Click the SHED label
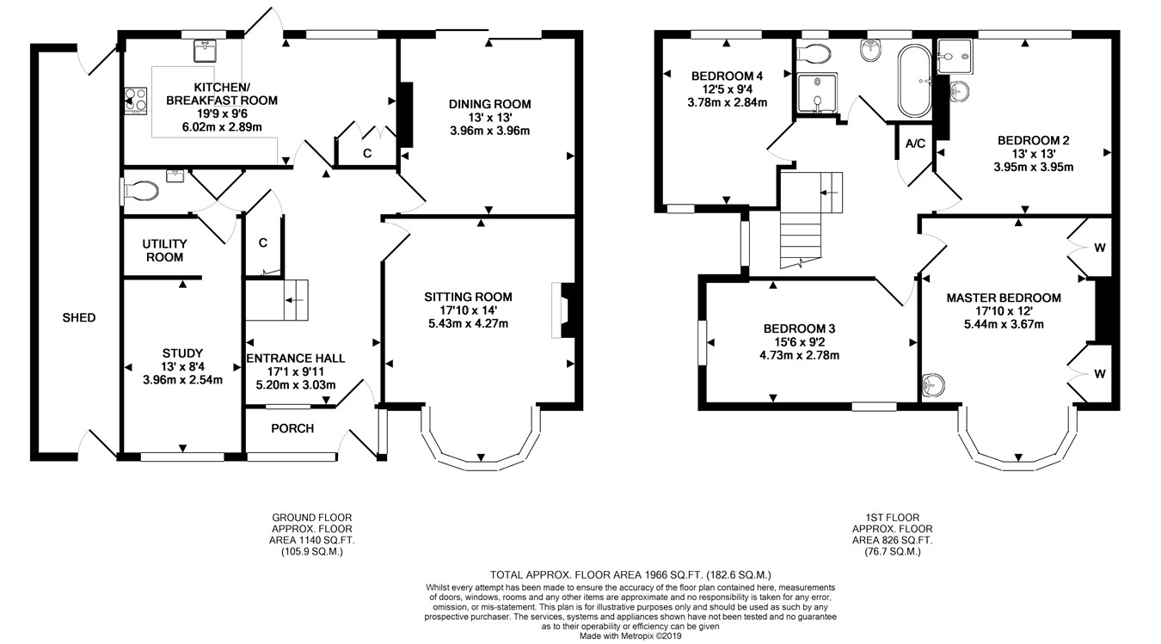79,317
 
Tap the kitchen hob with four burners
136,101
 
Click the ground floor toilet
139,191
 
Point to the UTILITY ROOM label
165,250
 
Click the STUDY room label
182,353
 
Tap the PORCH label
292,428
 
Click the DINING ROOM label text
490,104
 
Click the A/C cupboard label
915,144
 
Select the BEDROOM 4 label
728,77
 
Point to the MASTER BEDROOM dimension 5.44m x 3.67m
1004,324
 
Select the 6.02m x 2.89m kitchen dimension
222,127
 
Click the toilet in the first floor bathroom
814,52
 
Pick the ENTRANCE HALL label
296,359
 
